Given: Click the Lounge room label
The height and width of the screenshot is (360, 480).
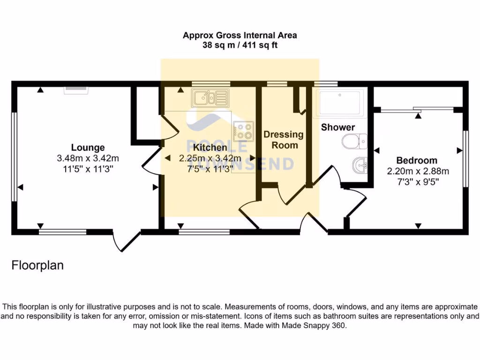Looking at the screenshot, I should click(x=88, y=148).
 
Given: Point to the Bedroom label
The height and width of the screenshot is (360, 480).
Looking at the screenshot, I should click(x=417, y=160).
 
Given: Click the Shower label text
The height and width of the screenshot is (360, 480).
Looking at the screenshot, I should click(x=337, y=127).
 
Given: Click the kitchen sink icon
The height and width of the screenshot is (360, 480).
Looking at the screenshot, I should click(x=210, y=98).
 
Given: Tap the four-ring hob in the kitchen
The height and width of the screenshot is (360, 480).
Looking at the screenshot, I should click(x=243, y=130).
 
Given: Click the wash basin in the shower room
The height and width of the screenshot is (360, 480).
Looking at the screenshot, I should click(x=360, y=165).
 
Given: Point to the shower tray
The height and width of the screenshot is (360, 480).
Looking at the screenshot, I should click(x=339, y=103).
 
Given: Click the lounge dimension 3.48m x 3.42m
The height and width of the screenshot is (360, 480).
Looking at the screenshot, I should click(x=88, y=158).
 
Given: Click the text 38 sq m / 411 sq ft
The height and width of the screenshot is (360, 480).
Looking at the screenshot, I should click(x=240, y=45).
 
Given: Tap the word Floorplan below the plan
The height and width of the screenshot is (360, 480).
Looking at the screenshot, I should click(x=37, y=266).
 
